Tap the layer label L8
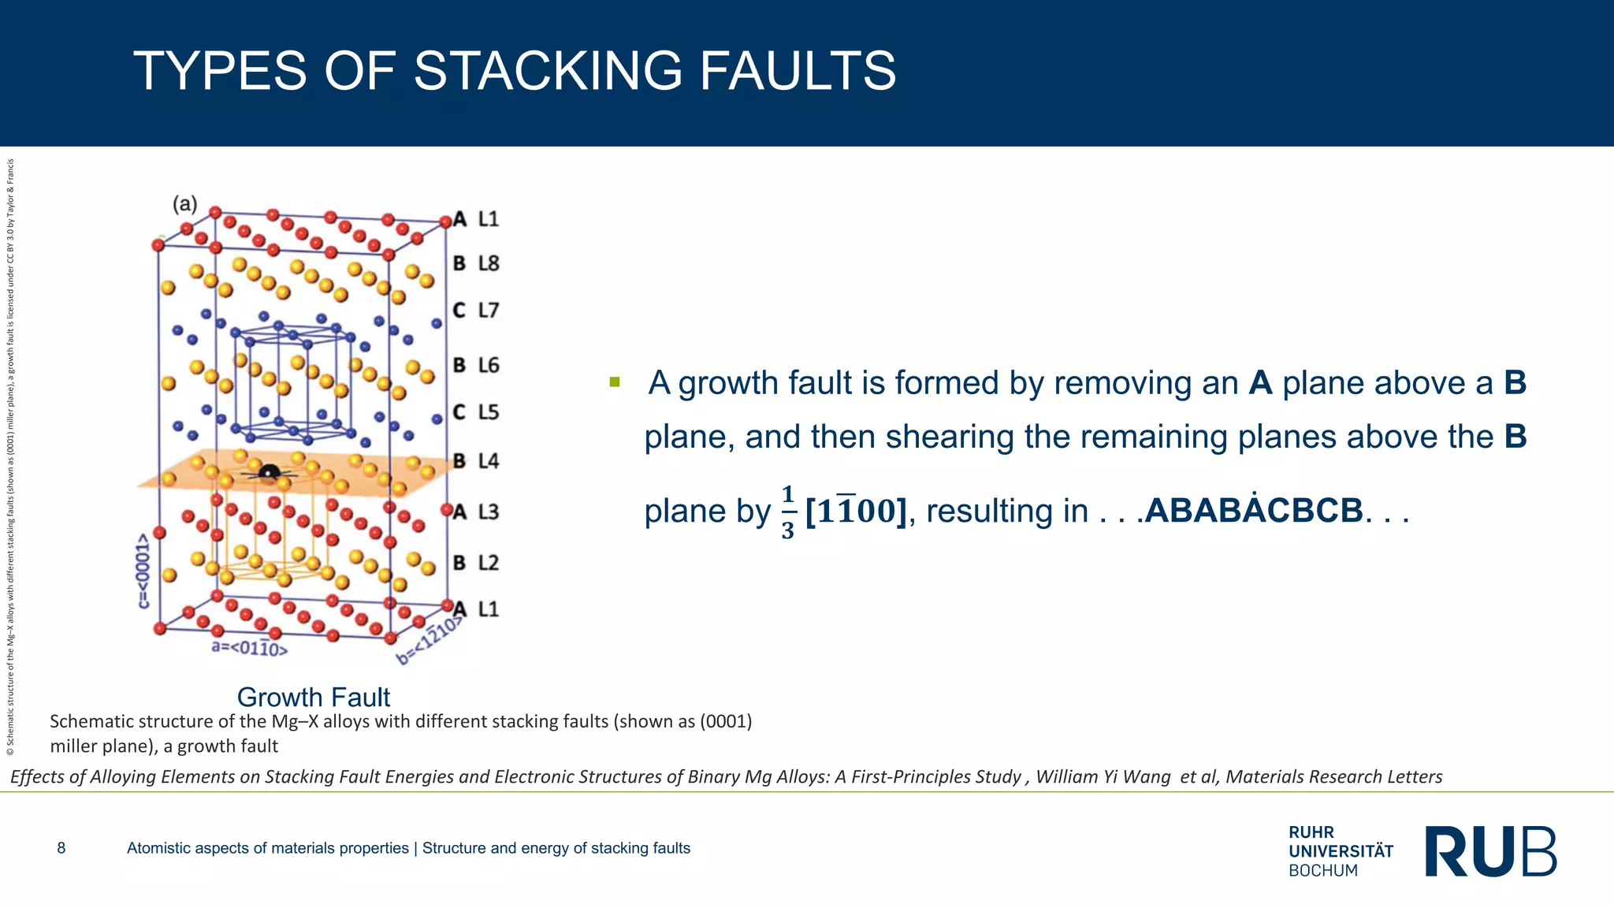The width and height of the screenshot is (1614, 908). [x=489, y=263]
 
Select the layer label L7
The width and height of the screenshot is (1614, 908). [x=489, y=311]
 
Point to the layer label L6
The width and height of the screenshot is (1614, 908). [x=489, y=365]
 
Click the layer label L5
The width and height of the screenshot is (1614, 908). [x=489, y=412]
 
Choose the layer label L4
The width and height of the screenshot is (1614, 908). [x=489, y=461]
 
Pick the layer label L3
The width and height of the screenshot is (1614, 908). [x=489, y=512]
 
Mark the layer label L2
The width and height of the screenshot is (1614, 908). [x=489, y=563]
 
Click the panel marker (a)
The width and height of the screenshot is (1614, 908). [x=185, y=204]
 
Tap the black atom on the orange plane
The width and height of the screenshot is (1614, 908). [x=270, y=472]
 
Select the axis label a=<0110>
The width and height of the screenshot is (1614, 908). [x=250, y=649]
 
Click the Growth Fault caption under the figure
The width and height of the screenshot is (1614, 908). [x=314, y=697]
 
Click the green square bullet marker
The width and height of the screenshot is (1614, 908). [x=615, y=383]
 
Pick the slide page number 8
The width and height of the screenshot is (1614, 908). [x=61, y=848]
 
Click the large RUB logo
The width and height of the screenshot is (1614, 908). [x=1491, y=851]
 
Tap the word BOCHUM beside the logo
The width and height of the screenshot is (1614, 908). [x=1323, y=871]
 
